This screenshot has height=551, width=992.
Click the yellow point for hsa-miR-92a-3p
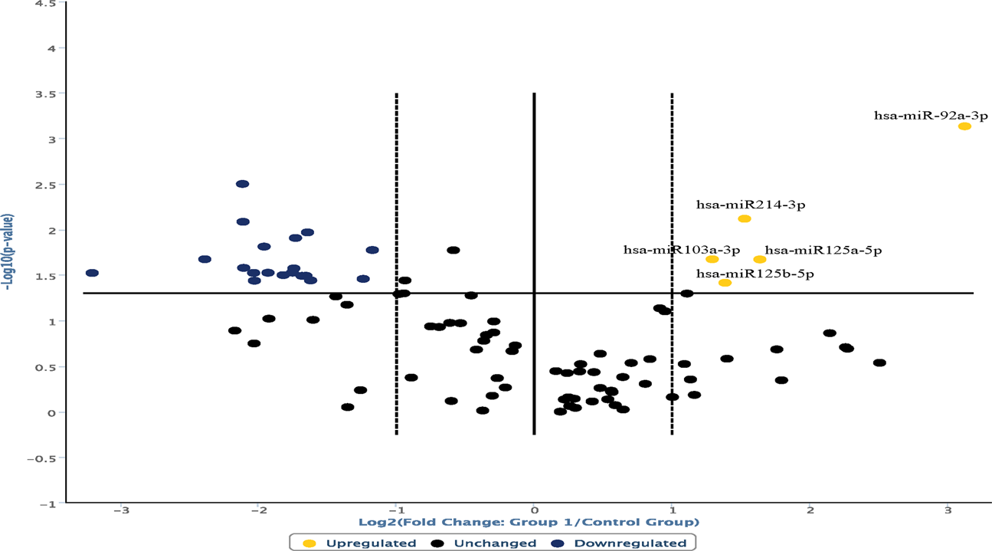[964, 126]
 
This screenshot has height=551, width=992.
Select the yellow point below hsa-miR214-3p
[744, 219]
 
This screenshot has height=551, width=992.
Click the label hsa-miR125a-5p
[823, 250]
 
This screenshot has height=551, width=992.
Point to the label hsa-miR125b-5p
[755, 273]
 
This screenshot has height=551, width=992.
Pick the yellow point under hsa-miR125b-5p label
[725, 283]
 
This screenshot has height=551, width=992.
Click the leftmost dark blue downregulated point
[92, 273]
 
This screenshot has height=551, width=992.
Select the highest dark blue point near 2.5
[242, 184]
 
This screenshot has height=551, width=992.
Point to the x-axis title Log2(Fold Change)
[529, 523]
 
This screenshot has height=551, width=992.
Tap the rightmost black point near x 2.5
[879, 362]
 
